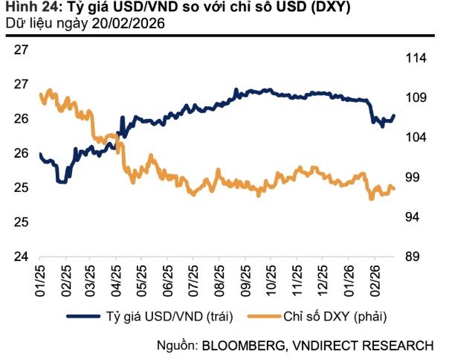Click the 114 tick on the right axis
click(x=413, y=58)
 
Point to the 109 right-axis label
click(x=413, y=98)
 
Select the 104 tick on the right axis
click(x=413, y=138)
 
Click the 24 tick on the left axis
click(x=22, y=257)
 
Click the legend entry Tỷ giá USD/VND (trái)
click(x=171, y=317)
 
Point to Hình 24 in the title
click(x=29, y=8)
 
